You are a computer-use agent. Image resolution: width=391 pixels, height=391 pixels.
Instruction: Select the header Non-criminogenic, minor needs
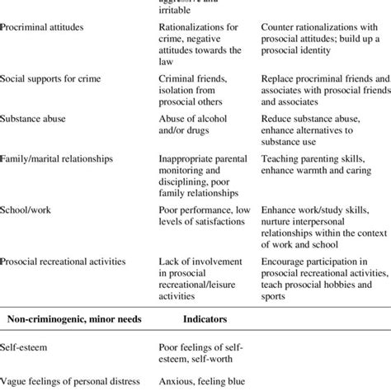tap(74, 316)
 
